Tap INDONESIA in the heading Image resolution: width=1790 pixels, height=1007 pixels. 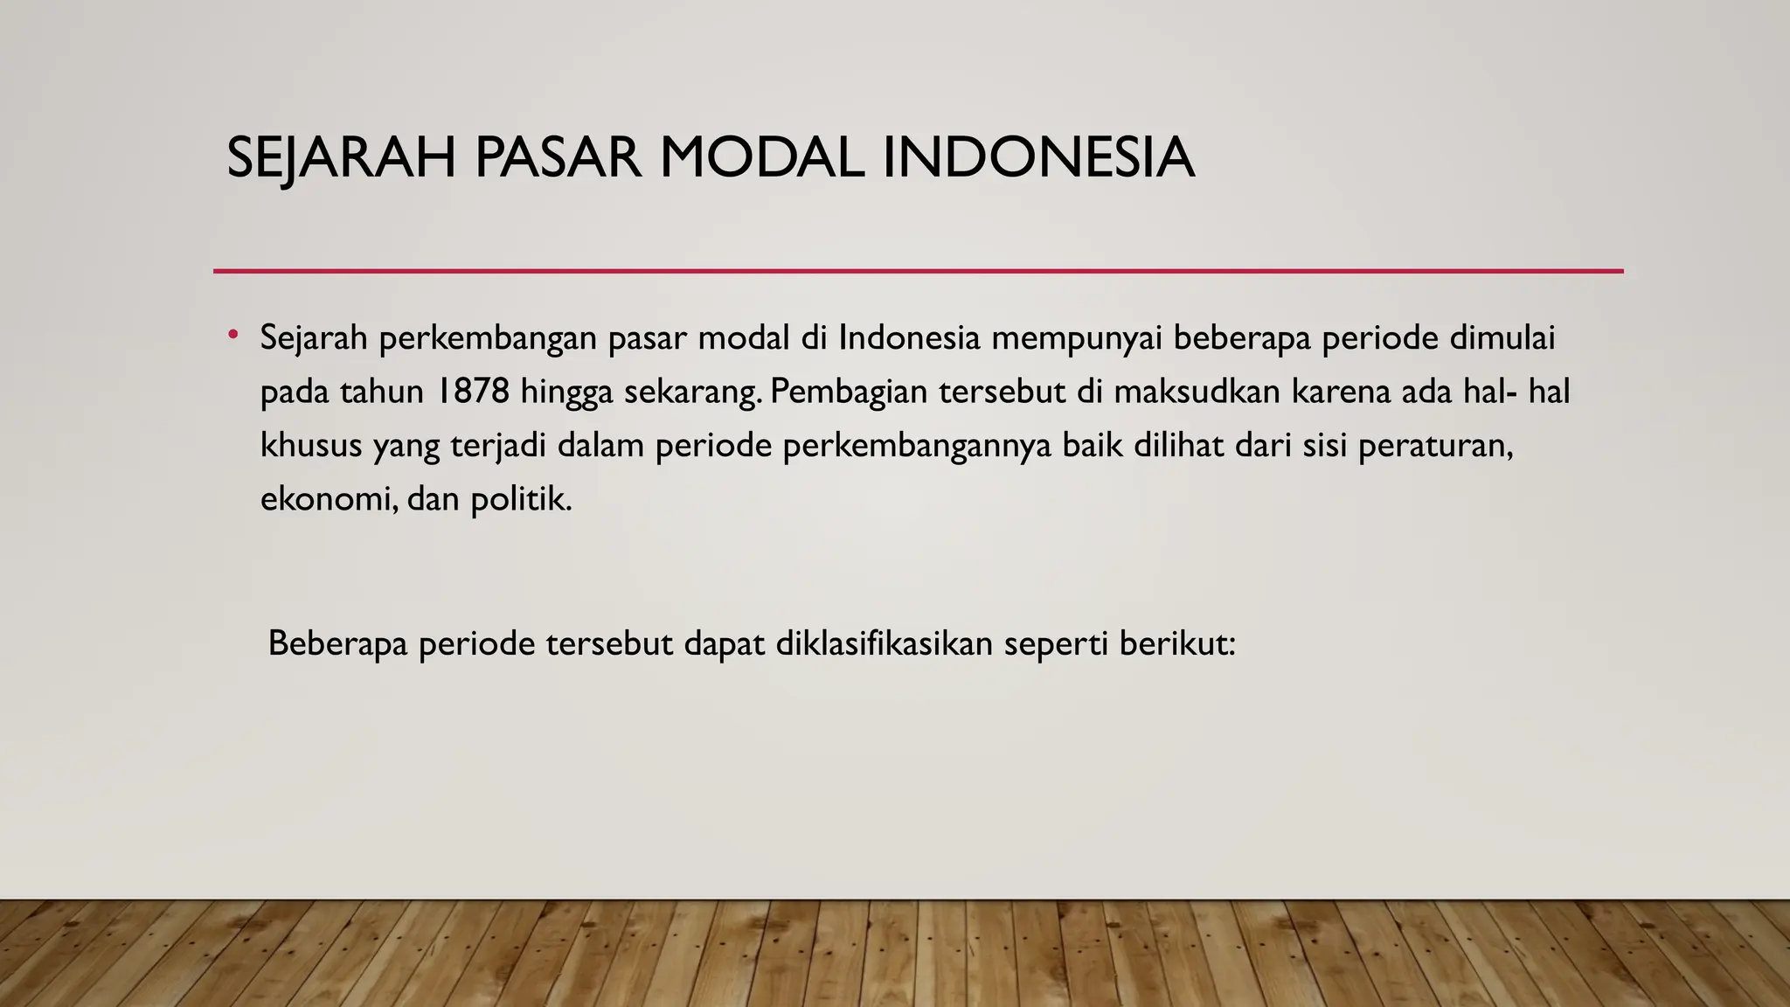point(1038,158)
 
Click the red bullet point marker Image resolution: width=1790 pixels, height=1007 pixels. point(233,335)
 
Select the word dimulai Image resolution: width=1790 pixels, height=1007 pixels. point(1502,337)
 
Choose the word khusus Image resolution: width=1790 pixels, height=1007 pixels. point(311,446)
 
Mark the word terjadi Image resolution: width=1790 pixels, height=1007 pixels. point(498,446)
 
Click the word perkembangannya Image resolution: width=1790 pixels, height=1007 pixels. point(917,446)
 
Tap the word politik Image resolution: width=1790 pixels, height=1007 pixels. point(521,500)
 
